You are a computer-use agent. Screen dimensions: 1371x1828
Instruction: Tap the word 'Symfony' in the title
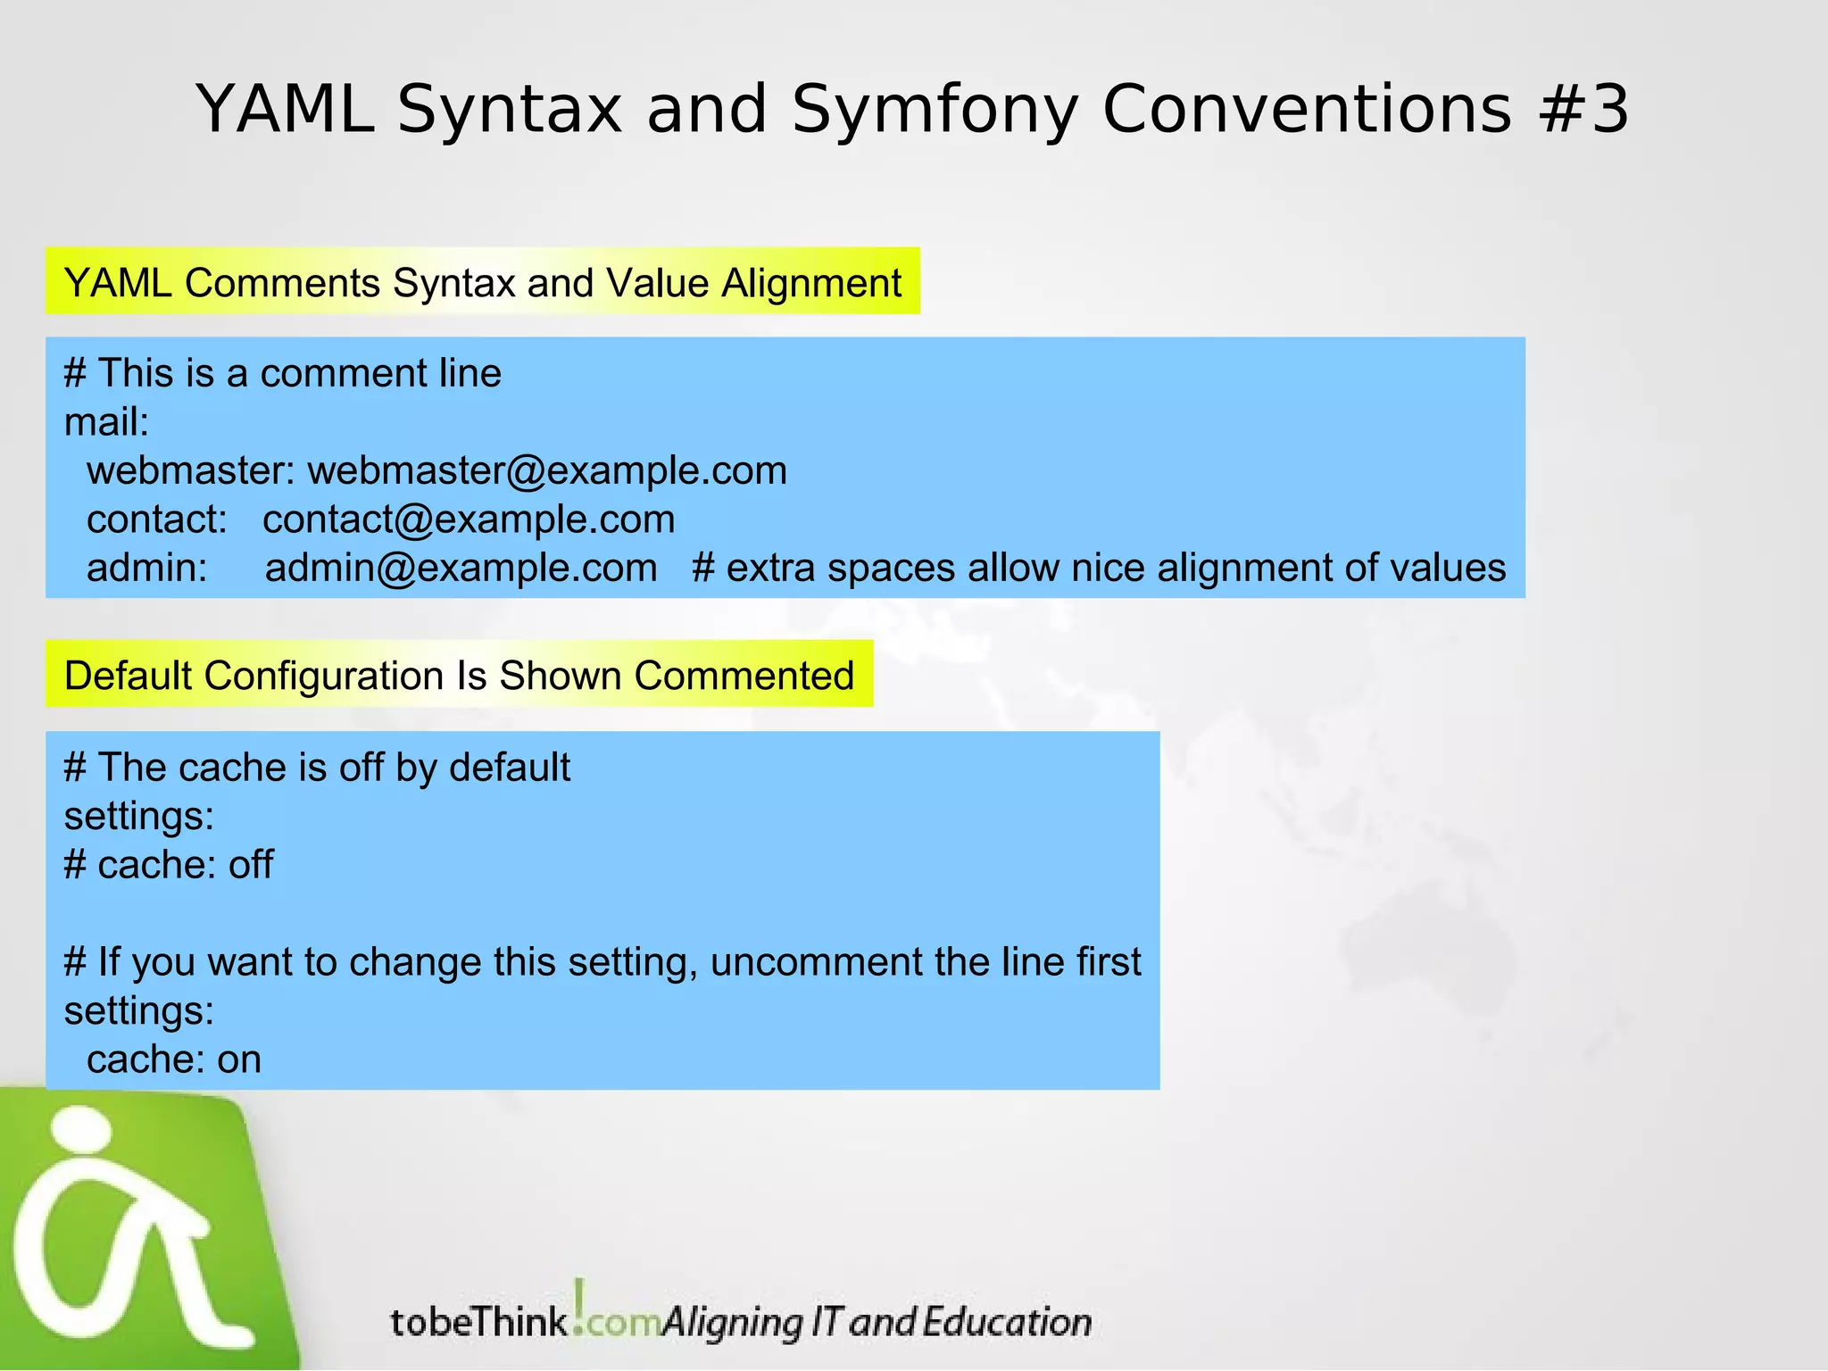pos(935,111)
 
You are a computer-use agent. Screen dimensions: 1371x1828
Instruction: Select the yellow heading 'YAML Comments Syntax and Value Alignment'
pos(483,282)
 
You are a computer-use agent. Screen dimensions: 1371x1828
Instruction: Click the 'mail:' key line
pos(106,422)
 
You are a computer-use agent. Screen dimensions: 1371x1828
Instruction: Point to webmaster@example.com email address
pos(547,470)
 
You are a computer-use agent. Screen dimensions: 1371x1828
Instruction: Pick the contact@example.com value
pos(469,519)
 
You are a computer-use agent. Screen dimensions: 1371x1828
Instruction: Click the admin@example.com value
pos(461,568)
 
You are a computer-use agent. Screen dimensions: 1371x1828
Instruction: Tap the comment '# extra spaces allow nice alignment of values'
pos(1099,568)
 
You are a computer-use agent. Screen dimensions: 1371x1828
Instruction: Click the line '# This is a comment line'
pos(282,373)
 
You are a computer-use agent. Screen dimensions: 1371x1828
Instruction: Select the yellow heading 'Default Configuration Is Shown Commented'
pos(459,675)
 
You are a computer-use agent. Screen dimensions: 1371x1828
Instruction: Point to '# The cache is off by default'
pos(317,768)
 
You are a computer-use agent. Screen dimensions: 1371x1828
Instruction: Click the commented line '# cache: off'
pos(169,865)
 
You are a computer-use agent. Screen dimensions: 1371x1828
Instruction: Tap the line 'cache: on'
pos(173,1059)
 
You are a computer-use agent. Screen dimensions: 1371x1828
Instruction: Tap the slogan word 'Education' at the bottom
pos(1007,1322)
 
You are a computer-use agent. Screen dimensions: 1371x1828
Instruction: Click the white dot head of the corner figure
pos(82,1130)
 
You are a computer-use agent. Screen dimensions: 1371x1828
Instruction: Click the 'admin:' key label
pos(146,568)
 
